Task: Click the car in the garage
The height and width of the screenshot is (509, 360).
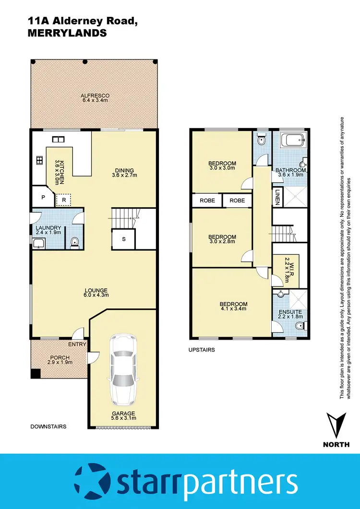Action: click(122, 369)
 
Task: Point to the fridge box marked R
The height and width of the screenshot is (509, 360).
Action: click(63, 200)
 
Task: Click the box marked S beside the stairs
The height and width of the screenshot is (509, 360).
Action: click(123, 239)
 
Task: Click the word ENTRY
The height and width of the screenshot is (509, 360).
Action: click(77, 344)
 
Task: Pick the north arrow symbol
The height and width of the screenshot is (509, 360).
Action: click(336, 425)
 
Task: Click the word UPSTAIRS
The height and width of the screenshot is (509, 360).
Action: click(202, 350)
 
